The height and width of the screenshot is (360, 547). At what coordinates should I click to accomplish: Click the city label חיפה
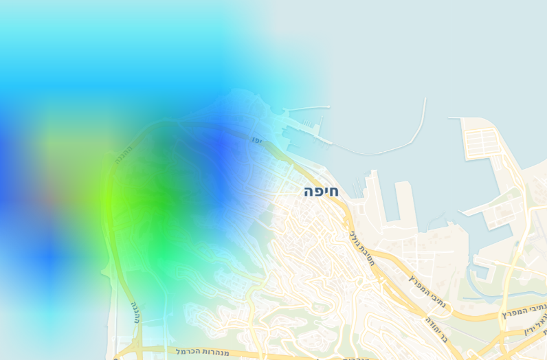[x=321, y=192]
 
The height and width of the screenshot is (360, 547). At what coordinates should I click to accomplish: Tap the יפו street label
[x=256, y=139]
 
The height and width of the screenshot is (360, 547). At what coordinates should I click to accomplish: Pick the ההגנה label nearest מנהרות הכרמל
[x=135, y=311]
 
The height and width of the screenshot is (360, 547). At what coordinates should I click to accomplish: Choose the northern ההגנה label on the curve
[x=123, y=151]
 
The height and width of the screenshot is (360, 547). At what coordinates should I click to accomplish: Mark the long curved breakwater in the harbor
[x=385, y=150]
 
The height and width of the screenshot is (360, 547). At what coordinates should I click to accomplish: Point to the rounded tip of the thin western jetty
[x=328, y=107]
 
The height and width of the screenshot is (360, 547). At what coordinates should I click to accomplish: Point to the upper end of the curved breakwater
[x=424, y=100]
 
